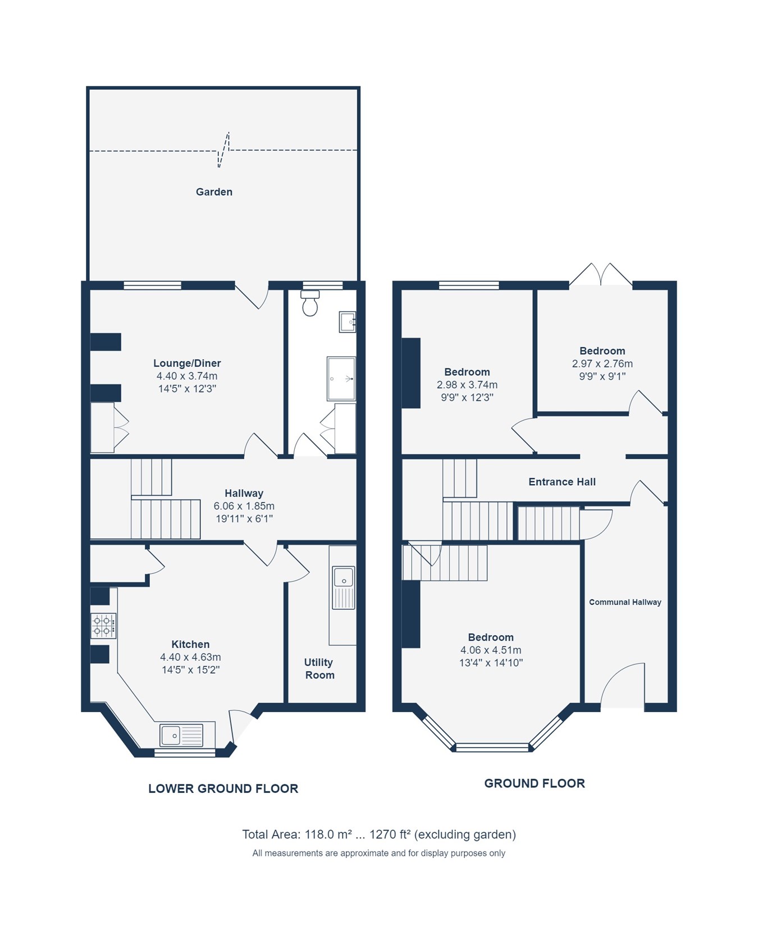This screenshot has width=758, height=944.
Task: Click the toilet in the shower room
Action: (310, 303)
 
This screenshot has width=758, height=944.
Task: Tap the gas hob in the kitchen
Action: (104, 626)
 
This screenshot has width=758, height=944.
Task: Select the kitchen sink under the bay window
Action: (181, 735)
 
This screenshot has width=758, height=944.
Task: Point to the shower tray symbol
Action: (341, 378)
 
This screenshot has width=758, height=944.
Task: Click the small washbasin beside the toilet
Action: (348, 322)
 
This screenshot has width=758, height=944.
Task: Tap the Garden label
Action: (214, 192)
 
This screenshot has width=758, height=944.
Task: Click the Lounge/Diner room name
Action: (187, 363)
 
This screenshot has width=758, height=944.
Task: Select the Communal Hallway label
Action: (625, 602)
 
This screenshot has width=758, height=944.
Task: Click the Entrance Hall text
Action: (561, 482)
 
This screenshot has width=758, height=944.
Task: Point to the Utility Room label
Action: (319, 669)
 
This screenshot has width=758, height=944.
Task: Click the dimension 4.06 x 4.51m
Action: (491, 650)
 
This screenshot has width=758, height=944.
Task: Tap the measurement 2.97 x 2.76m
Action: (602, 364)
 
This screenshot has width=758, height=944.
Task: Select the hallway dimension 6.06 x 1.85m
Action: (244, 506)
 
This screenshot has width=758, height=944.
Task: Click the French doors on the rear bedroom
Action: (601, 275)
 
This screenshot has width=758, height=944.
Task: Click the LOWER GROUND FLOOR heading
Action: (223, 788)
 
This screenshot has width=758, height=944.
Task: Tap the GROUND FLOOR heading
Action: (535, 783)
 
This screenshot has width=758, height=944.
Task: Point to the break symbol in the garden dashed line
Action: (223, 150)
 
